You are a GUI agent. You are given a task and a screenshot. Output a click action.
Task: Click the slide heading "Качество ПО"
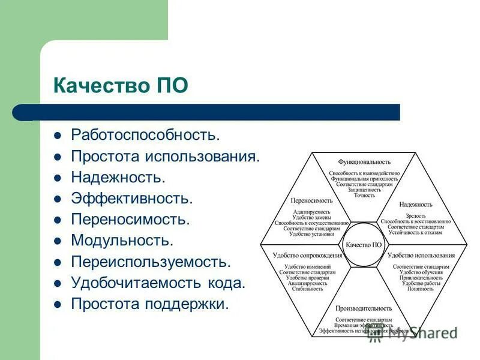coord(120,85)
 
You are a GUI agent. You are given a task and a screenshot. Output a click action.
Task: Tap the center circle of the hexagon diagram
coord(364,245)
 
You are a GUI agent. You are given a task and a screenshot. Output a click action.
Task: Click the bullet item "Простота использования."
coord(166,157)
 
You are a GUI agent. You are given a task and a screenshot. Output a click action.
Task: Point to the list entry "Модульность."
coord(122,241)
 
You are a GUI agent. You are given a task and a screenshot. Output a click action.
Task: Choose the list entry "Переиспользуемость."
coord(151,262)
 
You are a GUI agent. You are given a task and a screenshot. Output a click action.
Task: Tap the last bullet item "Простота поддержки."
coord(150,304)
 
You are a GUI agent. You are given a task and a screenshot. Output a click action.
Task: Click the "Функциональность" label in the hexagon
coord(364,162)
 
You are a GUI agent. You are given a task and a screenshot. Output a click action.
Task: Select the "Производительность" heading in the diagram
coord(364,308)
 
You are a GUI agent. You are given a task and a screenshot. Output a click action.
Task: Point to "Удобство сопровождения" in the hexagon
coord(307,255)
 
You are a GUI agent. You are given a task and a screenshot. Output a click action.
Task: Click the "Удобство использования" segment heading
coord(421,255)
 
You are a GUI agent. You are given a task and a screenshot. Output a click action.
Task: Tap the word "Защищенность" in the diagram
coord(364,190)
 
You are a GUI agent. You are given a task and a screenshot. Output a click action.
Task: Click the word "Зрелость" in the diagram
coord(416,215)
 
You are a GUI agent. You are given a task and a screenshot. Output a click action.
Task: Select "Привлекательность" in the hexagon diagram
coord(421,278)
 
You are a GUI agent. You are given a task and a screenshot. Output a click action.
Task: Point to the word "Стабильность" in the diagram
coord(307,289)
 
